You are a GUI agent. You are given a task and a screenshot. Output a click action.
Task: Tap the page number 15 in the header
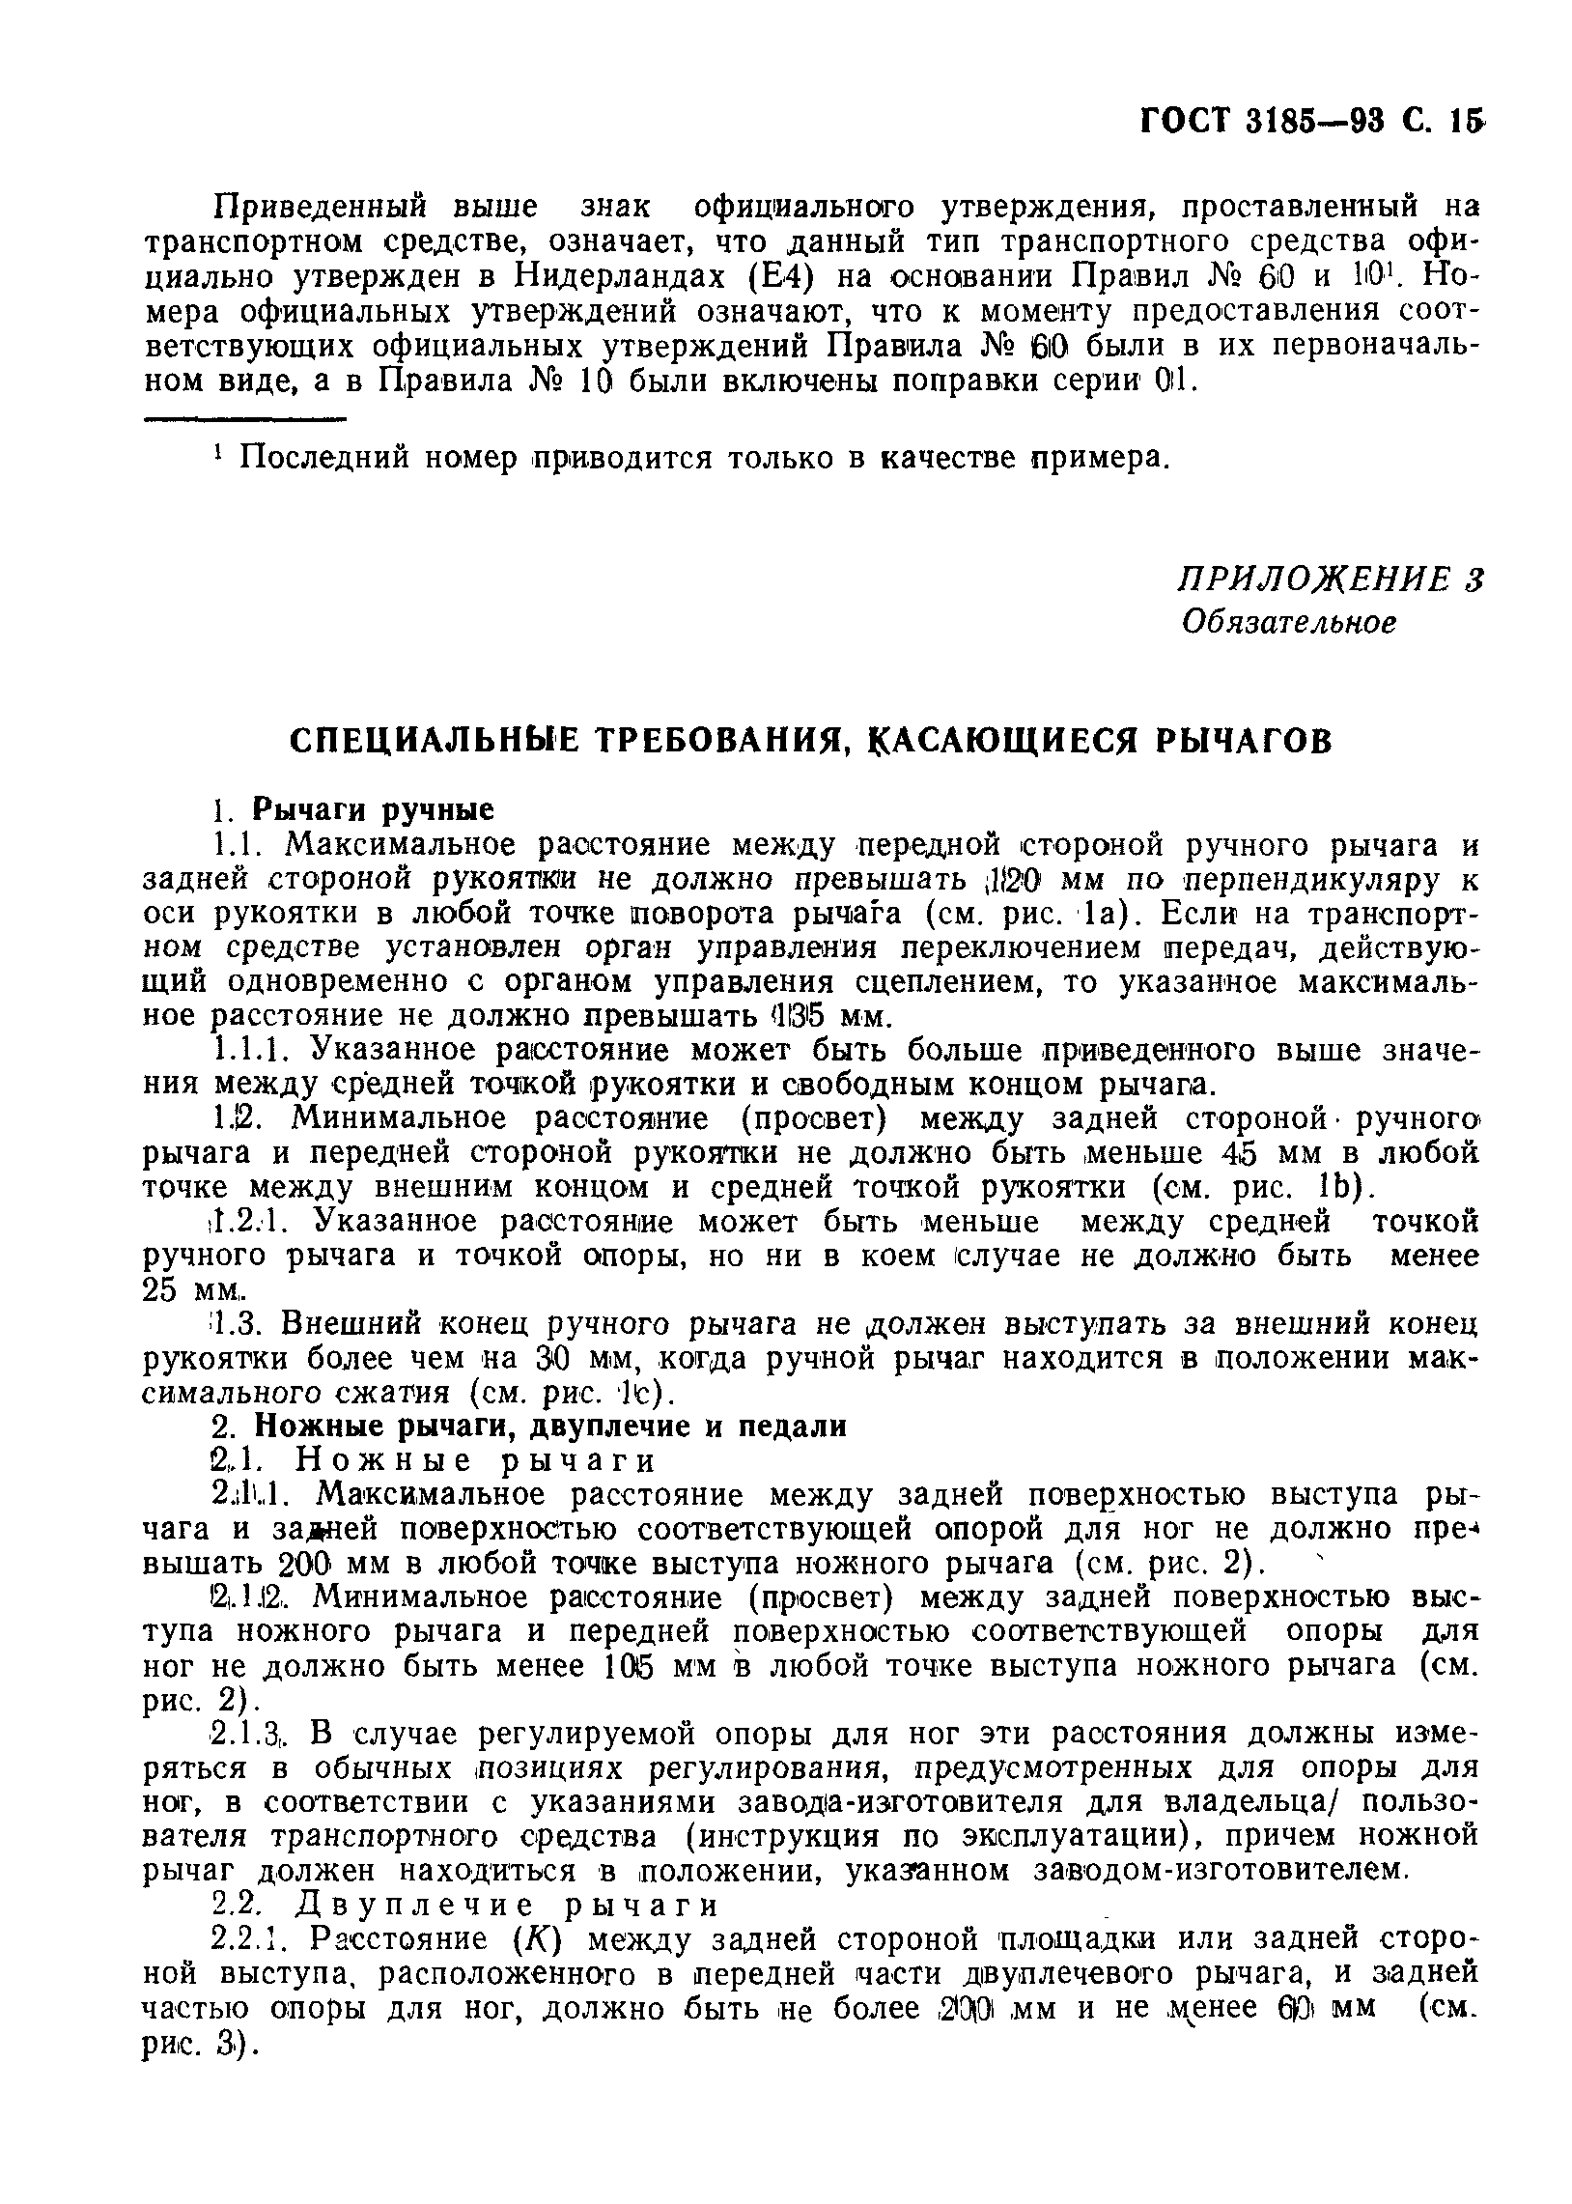tap(1470, 120)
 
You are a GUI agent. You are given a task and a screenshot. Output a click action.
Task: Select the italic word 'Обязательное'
tap(1289, 621)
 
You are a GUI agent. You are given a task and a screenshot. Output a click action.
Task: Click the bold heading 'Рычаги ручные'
tap(373, 808)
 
